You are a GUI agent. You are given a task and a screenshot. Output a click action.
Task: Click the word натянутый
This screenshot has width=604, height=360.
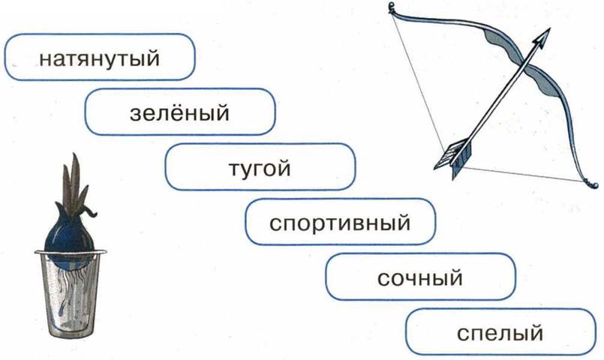(100, 58)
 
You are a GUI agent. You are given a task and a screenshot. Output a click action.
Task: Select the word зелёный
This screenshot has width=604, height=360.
(179, 114)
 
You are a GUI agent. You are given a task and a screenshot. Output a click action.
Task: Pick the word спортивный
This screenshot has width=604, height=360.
(341, 223)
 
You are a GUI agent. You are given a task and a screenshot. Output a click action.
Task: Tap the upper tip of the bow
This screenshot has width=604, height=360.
(392, 7)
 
